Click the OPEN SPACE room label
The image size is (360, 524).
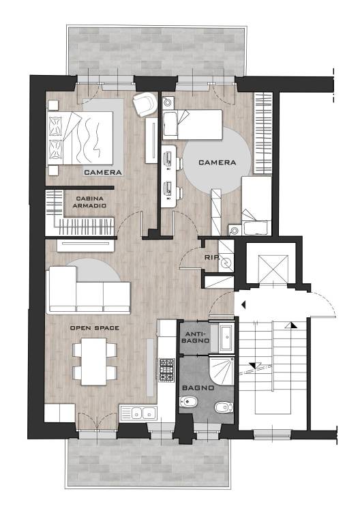pos(95,327)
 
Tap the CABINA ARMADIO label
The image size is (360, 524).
pos(89,202)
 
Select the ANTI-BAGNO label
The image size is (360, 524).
pos(197,337)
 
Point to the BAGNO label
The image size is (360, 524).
pos(198,388)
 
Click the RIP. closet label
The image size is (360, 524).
pos(212,258)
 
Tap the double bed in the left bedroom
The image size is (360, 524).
pos(80,138)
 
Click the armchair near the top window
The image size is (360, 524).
pos(145,104)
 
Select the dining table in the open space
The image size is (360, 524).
pos(95,361)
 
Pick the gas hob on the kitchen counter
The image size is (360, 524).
pos(166,370)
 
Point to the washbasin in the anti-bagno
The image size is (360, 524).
pos(226,337)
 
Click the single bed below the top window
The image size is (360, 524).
pos(193,124)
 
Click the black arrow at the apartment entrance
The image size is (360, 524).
pos(243,304)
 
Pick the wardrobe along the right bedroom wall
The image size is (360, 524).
pos(262,132)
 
